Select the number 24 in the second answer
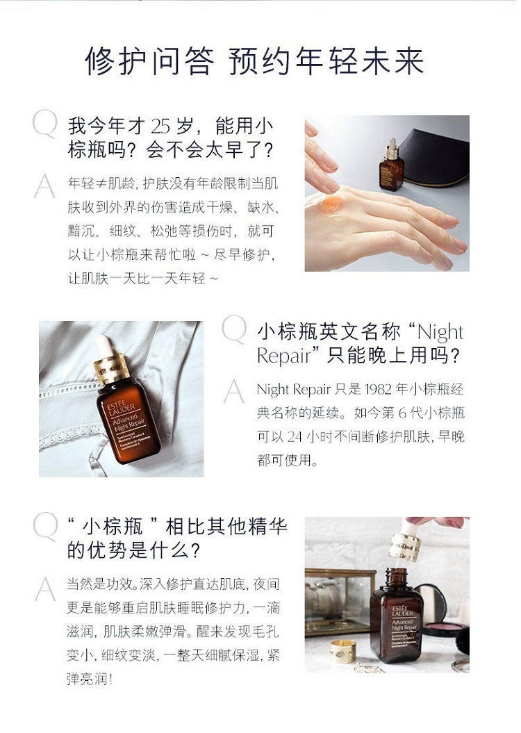click(295, 436)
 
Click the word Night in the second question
click(440, 332)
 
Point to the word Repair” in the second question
click(288, 356)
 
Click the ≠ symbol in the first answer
click(101, 183)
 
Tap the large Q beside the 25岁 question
click(45, 124)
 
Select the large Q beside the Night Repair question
click(233, 329)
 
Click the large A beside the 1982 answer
click(233, 392)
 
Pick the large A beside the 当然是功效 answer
click(45, 589)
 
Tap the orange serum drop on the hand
click(331, 203)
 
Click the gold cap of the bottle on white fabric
click(111, 368)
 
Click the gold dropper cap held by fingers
click(405, 546)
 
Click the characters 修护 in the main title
click(117, 61)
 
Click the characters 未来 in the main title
click(392, 61)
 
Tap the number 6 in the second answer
click(402, 413)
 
